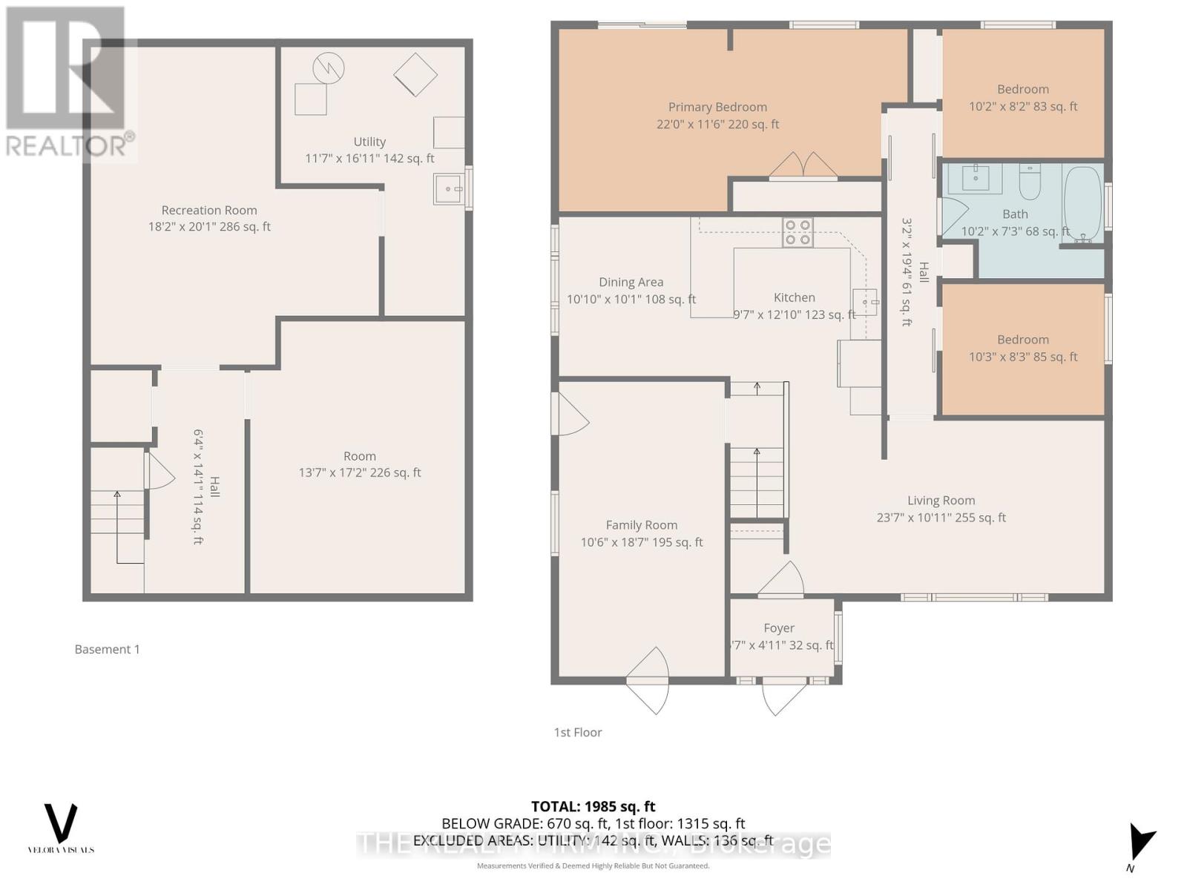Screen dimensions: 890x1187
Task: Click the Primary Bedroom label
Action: pyautogui.click(x=717, y=108)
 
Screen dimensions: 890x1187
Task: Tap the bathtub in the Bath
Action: pyautogui.click(x=1082, y=199)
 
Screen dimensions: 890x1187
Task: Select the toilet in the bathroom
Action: pyautogui.click(x=1029, y=182)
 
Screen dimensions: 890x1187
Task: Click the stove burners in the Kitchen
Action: pyautogui.click(x=798, y=232)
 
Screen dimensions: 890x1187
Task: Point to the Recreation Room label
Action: pyautogui.click(x=209, y=211)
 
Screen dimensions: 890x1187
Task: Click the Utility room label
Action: pyautogui.click(x=369, y=142)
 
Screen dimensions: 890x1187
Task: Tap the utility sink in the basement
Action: pyautogui.click(x=448, y=189)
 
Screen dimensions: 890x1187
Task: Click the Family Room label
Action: pyautogui.click(x=641, y=525)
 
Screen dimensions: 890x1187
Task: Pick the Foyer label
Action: pyautogui.click(x=779, y=628)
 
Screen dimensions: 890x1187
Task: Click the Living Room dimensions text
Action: pyautogui.click(x=941, y=518)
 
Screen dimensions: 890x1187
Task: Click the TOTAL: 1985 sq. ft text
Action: pyautogui.click(x=593, y=806)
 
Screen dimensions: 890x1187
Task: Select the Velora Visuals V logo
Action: pyautogui.click(x=61, y=823)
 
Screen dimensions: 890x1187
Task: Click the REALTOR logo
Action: pyautogui.click(x=68, y=82)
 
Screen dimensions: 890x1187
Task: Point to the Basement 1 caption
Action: pyautogui.click(x=107, y=649)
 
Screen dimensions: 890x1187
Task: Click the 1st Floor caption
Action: pyautogui.click(x=577, y=732)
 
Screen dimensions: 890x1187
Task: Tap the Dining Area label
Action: pyautogui.click(x=631, y=282)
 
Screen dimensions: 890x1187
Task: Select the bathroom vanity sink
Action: pyautogui.click(x=973, y=179)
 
